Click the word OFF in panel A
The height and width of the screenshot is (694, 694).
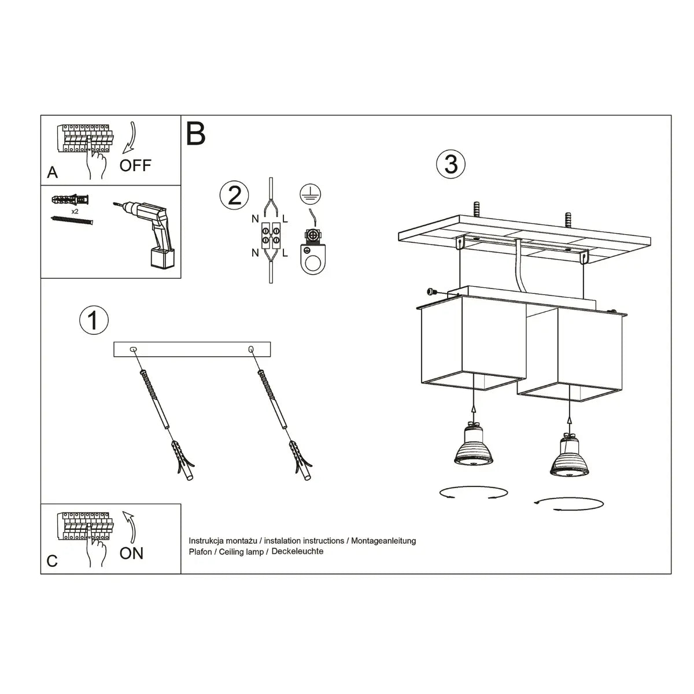(135, 165)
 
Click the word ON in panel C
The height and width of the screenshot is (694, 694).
(131, 553)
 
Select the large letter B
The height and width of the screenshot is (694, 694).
(196, 134)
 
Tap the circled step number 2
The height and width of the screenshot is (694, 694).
(234, 195)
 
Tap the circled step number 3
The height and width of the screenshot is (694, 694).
(451, 164)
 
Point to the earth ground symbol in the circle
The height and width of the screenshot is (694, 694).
(311, 194)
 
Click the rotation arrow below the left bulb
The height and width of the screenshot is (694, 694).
(473, 493)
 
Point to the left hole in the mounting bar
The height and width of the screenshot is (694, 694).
(134, 349)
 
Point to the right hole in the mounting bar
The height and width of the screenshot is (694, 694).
(250, 349)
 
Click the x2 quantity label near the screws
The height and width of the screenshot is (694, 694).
(75, 212)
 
